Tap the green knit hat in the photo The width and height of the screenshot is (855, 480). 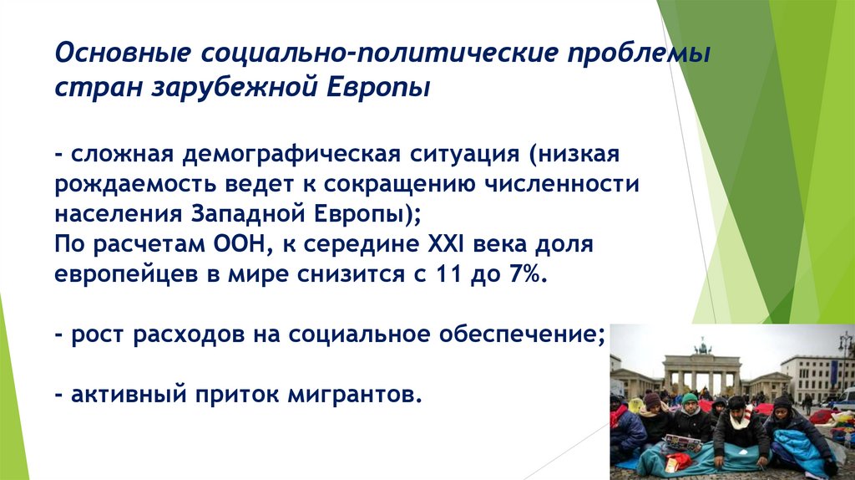(x=690, y=399)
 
